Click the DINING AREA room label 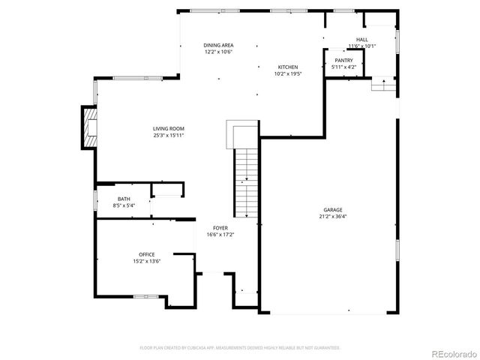[218, 45]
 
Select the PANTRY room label [343, 60]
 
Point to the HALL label [361, 39]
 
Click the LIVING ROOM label [169, 128]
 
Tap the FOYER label [220, 227]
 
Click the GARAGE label [333, 209]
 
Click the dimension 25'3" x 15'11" [169, 135]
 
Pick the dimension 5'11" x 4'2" [343, 67]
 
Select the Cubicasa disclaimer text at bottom [240, 347]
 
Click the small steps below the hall [383, 85]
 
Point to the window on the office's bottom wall [144, 297]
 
